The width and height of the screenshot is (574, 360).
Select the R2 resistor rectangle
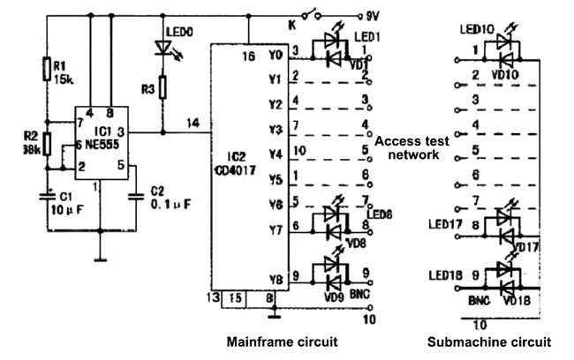tap(45, 143)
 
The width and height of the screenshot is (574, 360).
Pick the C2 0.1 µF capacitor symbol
tap(135, 195)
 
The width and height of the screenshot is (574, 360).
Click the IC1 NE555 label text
tap(94, 141)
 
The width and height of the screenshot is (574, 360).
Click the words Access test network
tap(412, 146)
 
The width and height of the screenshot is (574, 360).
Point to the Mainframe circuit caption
tap(283, 341)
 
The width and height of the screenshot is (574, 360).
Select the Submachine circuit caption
tap(489, 341)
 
